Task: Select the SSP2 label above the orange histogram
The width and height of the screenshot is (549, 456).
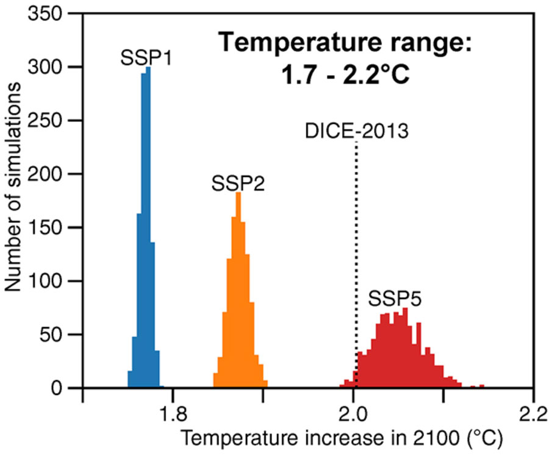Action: coord(238,183)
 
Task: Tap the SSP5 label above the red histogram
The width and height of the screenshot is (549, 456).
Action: coord(395,300)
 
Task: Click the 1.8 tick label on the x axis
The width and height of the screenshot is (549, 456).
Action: coord(173,410)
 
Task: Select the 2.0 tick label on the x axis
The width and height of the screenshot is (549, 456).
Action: coord(353,410)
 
